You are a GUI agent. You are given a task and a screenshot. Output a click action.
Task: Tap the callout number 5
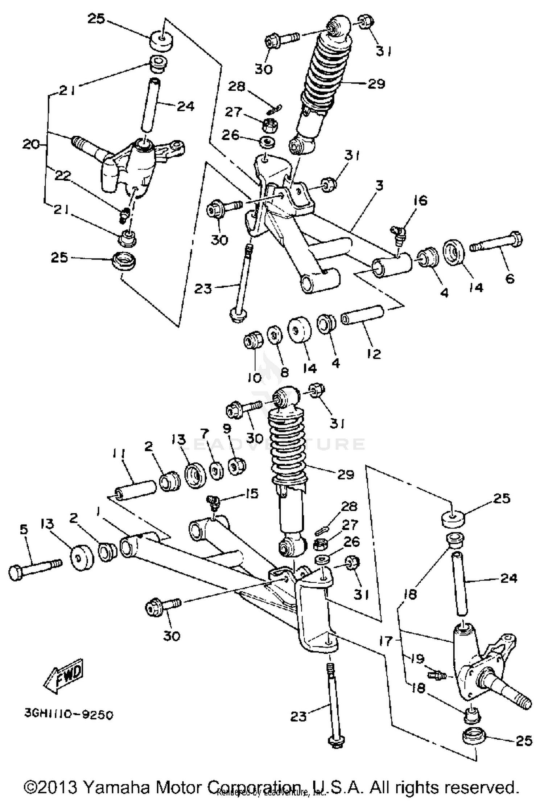coord(24,529)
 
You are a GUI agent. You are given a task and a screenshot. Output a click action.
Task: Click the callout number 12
coord(374,353)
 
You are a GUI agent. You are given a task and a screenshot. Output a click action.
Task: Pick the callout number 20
coord(30,145)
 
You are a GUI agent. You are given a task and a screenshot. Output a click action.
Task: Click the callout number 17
coord(386,641)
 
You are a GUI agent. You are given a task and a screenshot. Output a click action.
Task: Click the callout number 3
coord(379,185)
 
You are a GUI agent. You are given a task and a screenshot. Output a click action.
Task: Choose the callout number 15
coord(251,493)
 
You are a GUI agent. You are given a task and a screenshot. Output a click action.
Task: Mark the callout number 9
coord(227,429)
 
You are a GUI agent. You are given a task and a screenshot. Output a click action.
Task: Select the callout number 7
coord(205,433)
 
